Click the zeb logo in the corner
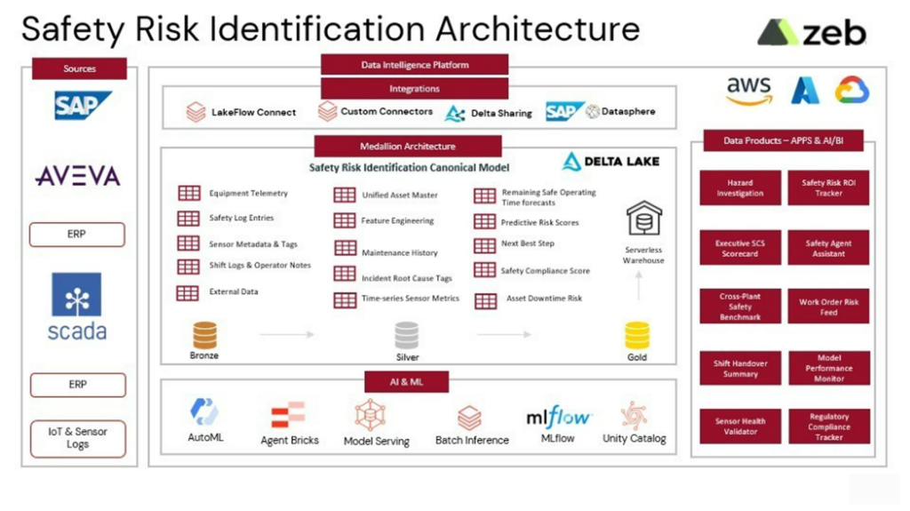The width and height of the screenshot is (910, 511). coord(811,33)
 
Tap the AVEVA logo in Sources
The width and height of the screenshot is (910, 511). coord(78,176)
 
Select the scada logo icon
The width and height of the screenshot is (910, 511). coord(77,296)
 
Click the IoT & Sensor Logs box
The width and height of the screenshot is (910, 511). coord(78,438)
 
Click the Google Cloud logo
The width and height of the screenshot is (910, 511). coord(851,91)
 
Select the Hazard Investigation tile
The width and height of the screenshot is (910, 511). coord(739,188)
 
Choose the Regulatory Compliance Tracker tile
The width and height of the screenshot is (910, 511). coord(828,427)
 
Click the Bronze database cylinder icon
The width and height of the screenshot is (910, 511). coord(204,335)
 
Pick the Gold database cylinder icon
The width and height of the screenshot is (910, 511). coord(637,335)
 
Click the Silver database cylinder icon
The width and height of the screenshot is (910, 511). coord(407,335)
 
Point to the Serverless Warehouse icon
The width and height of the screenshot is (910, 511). coord(644,218)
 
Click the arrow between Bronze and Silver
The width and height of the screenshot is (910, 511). coord(287,335)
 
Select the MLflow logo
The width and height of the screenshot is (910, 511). coord(558,417)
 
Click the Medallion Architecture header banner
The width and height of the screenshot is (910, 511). coord(408,147)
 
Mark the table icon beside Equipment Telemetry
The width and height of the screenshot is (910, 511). coord(188,193)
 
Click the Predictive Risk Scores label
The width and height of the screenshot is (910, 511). coord(539,222)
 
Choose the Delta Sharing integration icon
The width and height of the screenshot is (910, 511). coord(455,113)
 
